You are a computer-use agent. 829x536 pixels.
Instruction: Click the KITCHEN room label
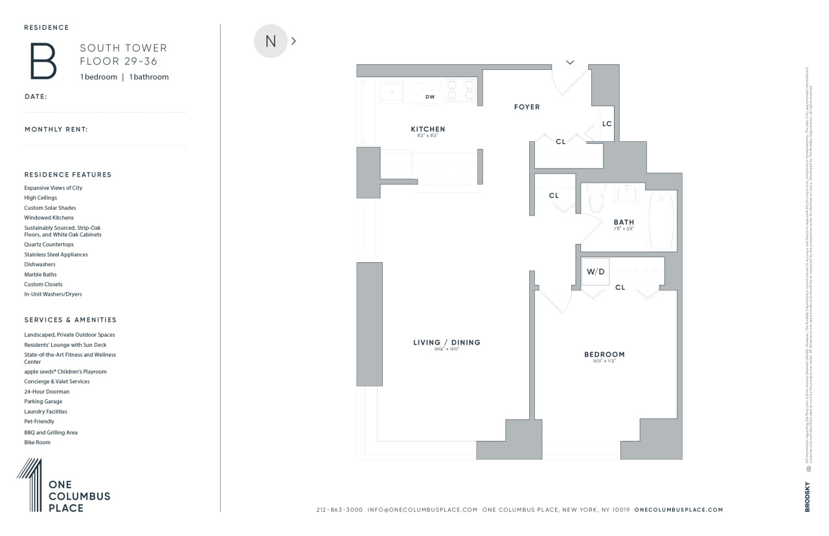(427, 129)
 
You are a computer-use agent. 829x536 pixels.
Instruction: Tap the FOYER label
(527, 107)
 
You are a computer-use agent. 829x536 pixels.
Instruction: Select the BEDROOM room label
(604, 354)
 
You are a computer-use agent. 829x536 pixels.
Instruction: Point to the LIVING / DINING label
(447, 342)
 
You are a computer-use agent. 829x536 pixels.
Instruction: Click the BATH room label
(624, 222)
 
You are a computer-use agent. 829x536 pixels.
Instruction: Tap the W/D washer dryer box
(595, 272)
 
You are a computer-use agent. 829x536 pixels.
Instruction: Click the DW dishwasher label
(429, 97)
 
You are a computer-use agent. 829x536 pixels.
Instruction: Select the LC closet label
(607, 124)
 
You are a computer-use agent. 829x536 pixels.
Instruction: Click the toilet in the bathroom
(596, 201)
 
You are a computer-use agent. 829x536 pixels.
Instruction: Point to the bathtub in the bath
(661, 220)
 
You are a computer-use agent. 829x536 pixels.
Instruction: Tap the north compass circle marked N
(271, 41)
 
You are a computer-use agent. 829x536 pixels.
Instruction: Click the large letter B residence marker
(43, 61)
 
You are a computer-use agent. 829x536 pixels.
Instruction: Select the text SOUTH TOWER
(123, 48)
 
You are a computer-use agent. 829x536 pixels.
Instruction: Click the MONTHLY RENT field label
(56, 129)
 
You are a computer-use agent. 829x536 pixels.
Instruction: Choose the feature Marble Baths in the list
(40, 274)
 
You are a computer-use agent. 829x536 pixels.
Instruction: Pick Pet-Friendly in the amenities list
(39, 421)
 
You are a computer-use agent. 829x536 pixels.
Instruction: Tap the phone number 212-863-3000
(339, 510)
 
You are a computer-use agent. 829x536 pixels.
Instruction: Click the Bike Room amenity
(37, 442)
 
